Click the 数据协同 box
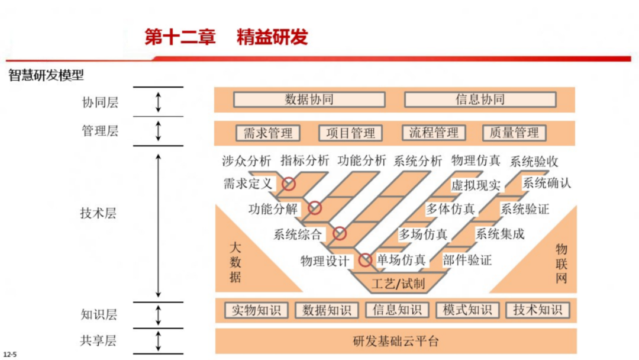tap(309, 99)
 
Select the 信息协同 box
tap(480, 99)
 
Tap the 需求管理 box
tap(268, 133)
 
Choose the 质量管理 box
tap(514, 133)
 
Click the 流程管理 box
tap(434, 133)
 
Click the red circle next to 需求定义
tap(288, 184)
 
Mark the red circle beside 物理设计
tap(365, 259)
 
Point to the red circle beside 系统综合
tap(340, 233)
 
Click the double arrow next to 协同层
tap(158, 102)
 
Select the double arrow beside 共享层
tap(158, 341)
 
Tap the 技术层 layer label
tap(98, 213)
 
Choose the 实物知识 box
tap(256, 310)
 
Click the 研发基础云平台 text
tap(396, 342)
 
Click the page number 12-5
tap(9, 354)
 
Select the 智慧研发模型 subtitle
tap(46, 76)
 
